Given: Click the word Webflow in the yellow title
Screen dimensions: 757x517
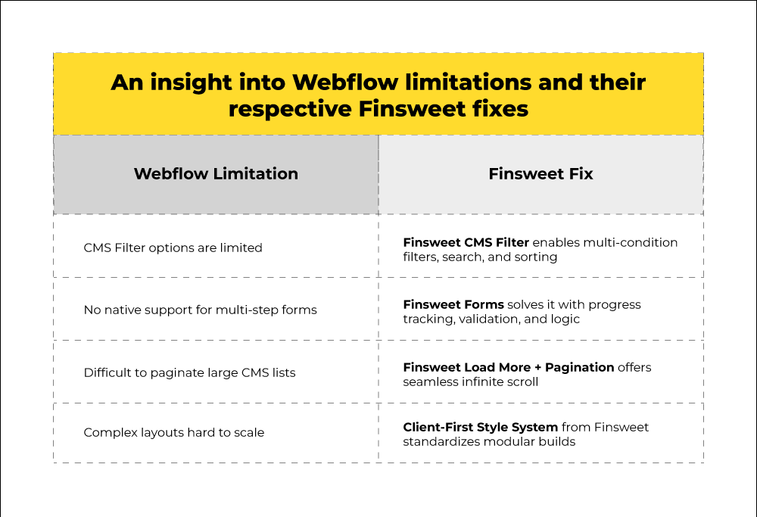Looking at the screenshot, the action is click(345, 82).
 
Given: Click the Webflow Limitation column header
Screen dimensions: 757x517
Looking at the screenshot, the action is click(216, 174).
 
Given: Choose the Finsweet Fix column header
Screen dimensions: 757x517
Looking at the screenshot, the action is click(540, 174).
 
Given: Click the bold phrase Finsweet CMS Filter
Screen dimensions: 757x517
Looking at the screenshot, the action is click(466, 242).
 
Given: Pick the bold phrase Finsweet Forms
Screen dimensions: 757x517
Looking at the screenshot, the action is click(453, 304).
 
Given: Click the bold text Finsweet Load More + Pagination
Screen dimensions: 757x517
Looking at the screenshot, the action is click(509, 367).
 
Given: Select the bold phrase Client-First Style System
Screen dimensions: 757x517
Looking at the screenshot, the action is click(481, 427).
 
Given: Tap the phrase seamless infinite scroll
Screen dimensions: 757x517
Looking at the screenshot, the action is click(471, 382).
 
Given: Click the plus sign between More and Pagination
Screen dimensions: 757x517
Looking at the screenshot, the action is click(538, 368).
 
